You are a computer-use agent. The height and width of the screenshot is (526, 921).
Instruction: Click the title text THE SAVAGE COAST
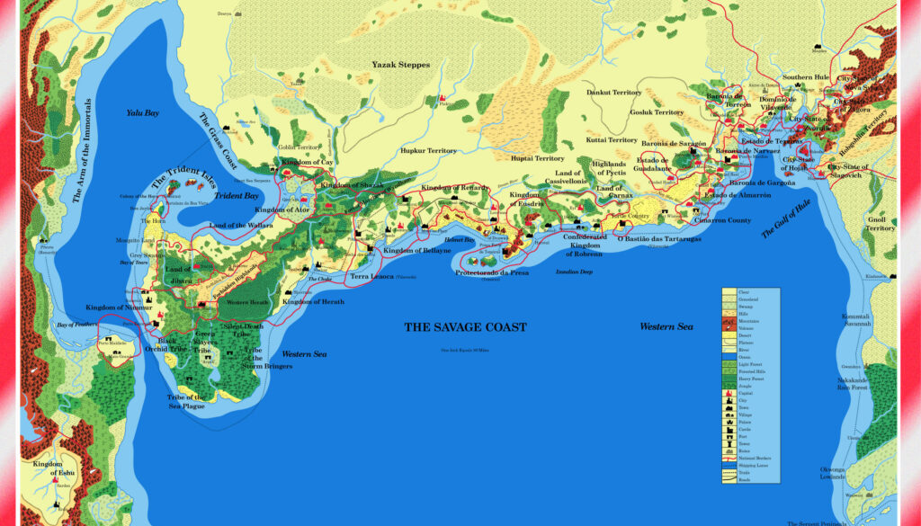(x=465, y=327)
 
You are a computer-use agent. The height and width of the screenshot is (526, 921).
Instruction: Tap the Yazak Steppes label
(x=401, y=65)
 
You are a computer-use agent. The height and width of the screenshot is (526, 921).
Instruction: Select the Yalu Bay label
(x=142, y=113)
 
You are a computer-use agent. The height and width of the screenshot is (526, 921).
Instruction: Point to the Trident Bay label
(x=237, y=195)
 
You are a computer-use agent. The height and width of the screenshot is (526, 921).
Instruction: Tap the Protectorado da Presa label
(x=490, y=272)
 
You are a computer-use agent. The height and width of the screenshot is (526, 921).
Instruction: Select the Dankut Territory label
(x=614, y=92)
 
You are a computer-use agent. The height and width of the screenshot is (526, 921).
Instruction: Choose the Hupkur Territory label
(x=429, y=151)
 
